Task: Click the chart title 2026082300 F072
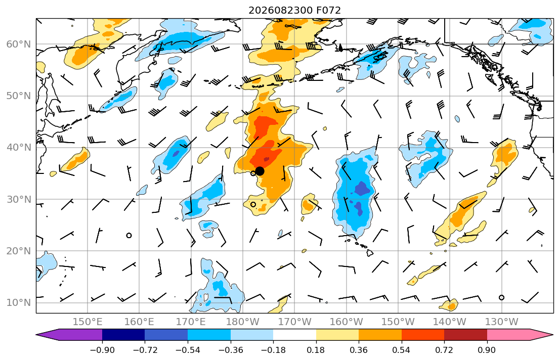click(x=294, y=10)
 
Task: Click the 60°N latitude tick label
click(x=19, y=44)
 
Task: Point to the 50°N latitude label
click(x=19, y=96)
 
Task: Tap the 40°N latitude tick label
click(x=19, y=148)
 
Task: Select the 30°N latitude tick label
click(x=19, y=199)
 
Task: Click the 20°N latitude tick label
click(x=19, y=251)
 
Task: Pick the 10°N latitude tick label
click(x=19, y=303)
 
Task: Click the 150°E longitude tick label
click(x=88, y=322)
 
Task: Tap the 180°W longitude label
click(x=243, y=322)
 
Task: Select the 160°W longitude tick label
click(x=346, y=322)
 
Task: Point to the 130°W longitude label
click(x=502, y=322)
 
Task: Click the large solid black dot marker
click(x=260, y=171)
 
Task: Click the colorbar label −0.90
click(x=102, y=350)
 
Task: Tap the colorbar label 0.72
click(x=444, y=350)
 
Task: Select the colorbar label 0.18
click(x=316, y=350)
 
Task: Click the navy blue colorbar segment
click(x=123, y=335)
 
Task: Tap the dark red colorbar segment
click(x=465, y=335)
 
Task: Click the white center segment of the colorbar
click(x=294, y=335)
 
